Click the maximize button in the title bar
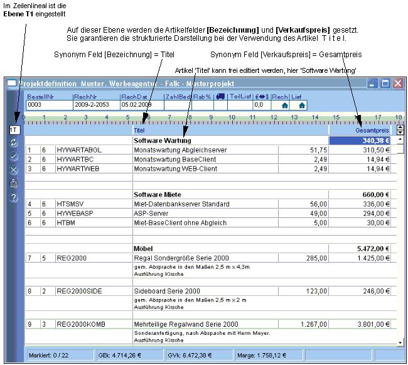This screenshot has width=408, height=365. point(385,83)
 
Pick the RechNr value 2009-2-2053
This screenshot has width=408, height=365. point(95,106)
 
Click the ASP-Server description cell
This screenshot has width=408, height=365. point(153,213)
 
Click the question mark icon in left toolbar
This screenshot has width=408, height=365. point(14,198)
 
